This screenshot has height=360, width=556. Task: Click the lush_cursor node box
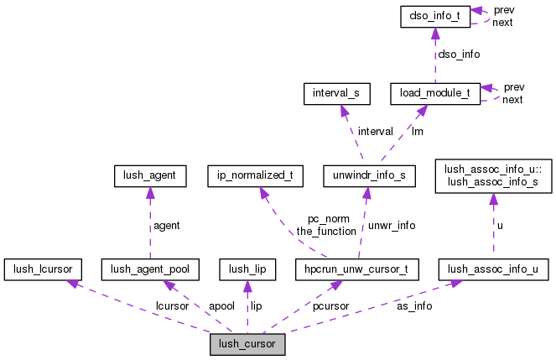click(247, 344)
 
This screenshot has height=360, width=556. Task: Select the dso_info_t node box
click(434, 16)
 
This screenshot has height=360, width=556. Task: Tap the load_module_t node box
click(434, 94)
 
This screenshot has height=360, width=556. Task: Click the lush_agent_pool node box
click(150, 269)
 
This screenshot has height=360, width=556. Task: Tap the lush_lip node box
click(247, 269)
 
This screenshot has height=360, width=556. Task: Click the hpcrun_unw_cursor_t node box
click(357, 269)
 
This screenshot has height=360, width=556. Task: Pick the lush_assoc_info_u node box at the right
click(494, 269)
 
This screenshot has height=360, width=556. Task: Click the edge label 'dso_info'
click(459, 55)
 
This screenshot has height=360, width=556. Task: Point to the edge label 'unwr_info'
click(392, 225)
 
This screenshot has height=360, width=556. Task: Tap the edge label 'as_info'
click(414, 306)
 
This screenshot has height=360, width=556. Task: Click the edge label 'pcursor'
click(331, 306)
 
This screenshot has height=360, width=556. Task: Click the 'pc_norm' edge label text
click(330, 218)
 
